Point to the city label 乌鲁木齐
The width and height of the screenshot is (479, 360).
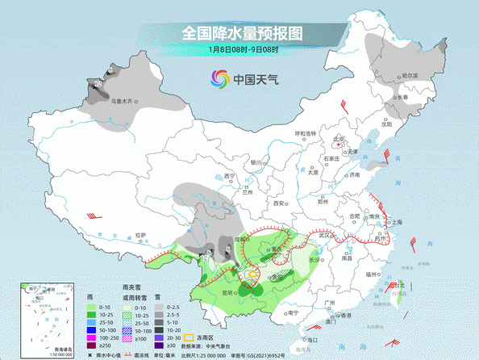click(119, 101)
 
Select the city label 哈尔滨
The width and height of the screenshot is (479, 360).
click(410, 75)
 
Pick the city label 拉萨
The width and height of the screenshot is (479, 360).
click(142, 234)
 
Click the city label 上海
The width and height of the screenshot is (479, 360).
click(397, 221)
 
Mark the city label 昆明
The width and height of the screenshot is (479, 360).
click(226, 291)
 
